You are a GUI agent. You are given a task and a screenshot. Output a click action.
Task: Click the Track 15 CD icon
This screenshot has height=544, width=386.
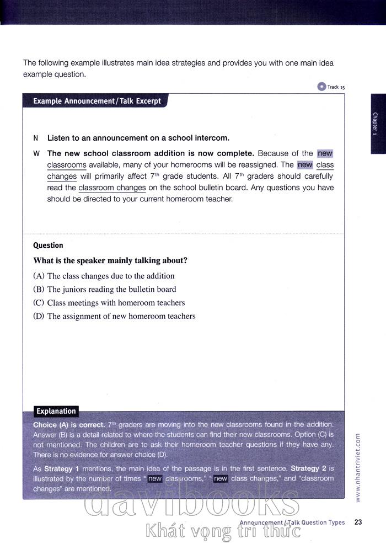(321, 86)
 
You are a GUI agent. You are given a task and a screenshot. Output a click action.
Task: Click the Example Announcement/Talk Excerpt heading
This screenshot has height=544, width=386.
(97, 101)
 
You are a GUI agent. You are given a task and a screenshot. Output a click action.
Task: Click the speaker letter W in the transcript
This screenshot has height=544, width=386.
(36, 153)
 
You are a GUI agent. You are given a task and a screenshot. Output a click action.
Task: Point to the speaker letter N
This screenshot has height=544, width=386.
(36, 138)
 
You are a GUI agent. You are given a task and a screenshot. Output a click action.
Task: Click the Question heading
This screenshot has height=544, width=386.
(48, 246)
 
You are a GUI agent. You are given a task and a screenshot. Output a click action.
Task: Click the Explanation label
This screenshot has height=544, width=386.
(56, 411)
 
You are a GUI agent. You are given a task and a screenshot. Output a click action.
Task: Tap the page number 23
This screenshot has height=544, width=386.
(358, 522)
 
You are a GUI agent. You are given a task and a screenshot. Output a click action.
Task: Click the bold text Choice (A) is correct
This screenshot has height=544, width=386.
(69, 425)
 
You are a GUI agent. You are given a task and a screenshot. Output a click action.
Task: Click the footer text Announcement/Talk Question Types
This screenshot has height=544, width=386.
(292, 522)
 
